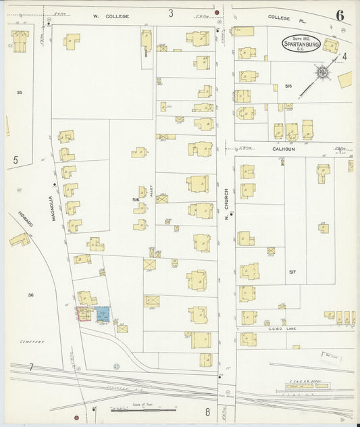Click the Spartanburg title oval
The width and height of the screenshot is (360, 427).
[301, 44]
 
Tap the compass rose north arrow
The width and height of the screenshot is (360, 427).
[322, 71]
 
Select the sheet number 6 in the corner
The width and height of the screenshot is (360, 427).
[339, 16]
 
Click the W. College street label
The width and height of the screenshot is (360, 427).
[117, 15]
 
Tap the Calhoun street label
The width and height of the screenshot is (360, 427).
[284, 149]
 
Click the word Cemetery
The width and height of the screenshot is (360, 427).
[32, 342]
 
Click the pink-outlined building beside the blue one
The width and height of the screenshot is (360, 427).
[84, 314]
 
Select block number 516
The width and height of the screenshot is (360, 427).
[136, 200]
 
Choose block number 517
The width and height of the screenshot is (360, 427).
[292, 272]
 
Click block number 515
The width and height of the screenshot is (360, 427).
[288, 86]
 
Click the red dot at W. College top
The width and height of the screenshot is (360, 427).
[217, 12]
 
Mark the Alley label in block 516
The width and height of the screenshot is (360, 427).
[152, 192]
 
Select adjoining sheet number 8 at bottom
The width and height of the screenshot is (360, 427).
[208, 411]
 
